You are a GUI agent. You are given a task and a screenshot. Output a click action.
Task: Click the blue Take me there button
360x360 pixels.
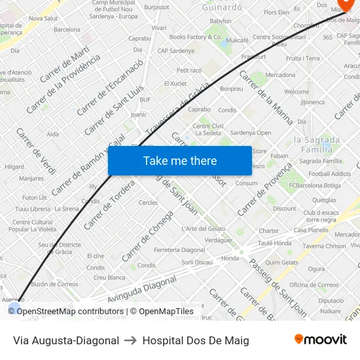pos(180,160)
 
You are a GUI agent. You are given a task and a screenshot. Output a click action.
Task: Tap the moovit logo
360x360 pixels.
pos(321,339)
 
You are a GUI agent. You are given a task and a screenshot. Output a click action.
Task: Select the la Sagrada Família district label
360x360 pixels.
pos(317,144)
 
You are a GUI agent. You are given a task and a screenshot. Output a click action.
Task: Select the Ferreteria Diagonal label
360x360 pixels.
pos(179,250)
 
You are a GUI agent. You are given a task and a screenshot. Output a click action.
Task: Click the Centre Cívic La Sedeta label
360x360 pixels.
pos(209,129)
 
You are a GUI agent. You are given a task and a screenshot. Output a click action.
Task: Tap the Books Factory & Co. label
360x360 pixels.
pos(196,37)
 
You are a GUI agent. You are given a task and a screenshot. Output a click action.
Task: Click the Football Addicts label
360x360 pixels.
pos(330,173)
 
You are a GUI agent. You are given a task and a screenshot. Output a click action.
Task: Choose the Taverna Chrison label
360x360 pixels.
pos(324,246)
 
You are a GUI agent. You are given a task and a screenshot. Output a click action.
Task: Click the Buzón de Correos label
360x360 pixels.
pos(54,283)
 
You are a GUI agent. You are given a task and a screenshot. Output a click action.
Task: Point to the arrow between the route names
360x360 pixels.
pos(130,340)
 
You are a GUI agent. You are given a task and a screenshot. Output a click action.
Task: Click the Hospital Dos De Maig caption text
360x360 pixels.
pos(196,340)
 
